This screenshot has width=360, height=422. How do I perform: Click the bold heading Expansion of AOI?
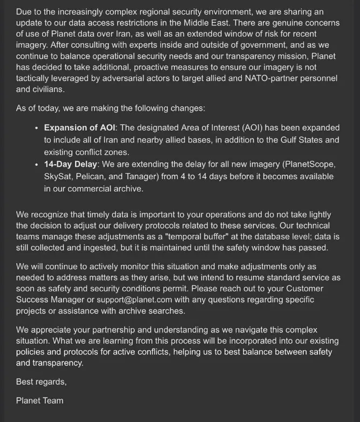tap(80, 128)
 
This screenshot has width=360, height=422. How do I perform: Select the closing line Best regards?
tap(42, 382)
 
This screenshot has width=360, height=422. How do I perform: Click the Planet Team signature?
tap(40, 400)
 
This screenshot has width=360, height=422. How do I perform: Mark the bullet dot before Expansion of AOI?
tap(37, 128)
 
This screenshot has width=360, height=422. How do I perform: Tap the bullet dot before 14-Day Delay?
tap(37, 165)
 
